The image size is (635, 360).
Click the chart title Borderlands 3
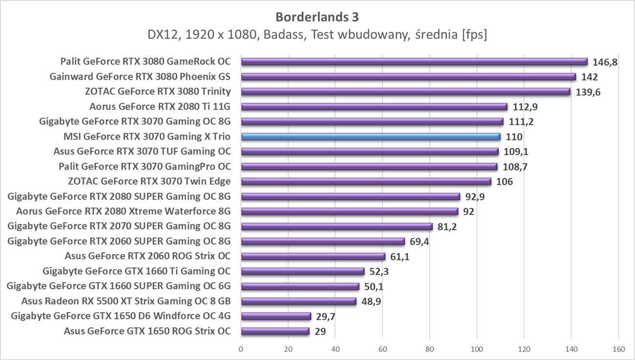[317, 17]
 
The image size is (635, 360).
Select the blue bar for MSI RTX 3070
[371, 137]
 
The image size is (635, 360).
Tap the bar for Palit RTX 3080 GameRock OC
[414, 62]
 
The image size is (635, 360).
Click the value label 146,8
[605, 62]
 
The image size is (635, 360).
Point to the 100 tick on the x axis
[477, 349]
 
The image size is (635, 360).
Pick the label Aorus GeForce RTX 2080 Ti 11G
[160, 106]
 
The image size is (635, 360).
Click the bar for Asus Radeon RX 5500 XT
[298, 301]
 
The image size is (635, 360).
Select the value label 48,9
[371, 301]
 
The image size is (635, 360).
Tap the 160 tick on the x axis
[618, 349]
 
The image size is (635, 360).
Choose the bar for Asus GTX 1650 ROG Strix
[275, 331]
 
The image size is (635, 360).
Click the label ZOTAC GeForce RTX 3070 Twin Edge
[149, 182]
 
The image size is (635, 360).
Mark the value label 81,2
[447, 227]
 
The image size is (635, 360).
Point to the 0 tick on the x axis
[241, 349]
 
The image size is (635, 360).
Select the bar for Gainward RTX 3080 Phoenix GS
[408, 77]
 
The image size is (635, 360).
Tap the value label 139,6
[588, 92]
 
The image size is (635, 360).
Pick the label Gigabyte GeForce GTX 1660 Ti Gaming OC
[137, 271]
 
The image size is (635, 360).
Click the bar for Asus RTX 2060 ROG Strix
[313, 256]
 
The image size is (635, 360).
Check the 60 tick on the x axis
[382, 349]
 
